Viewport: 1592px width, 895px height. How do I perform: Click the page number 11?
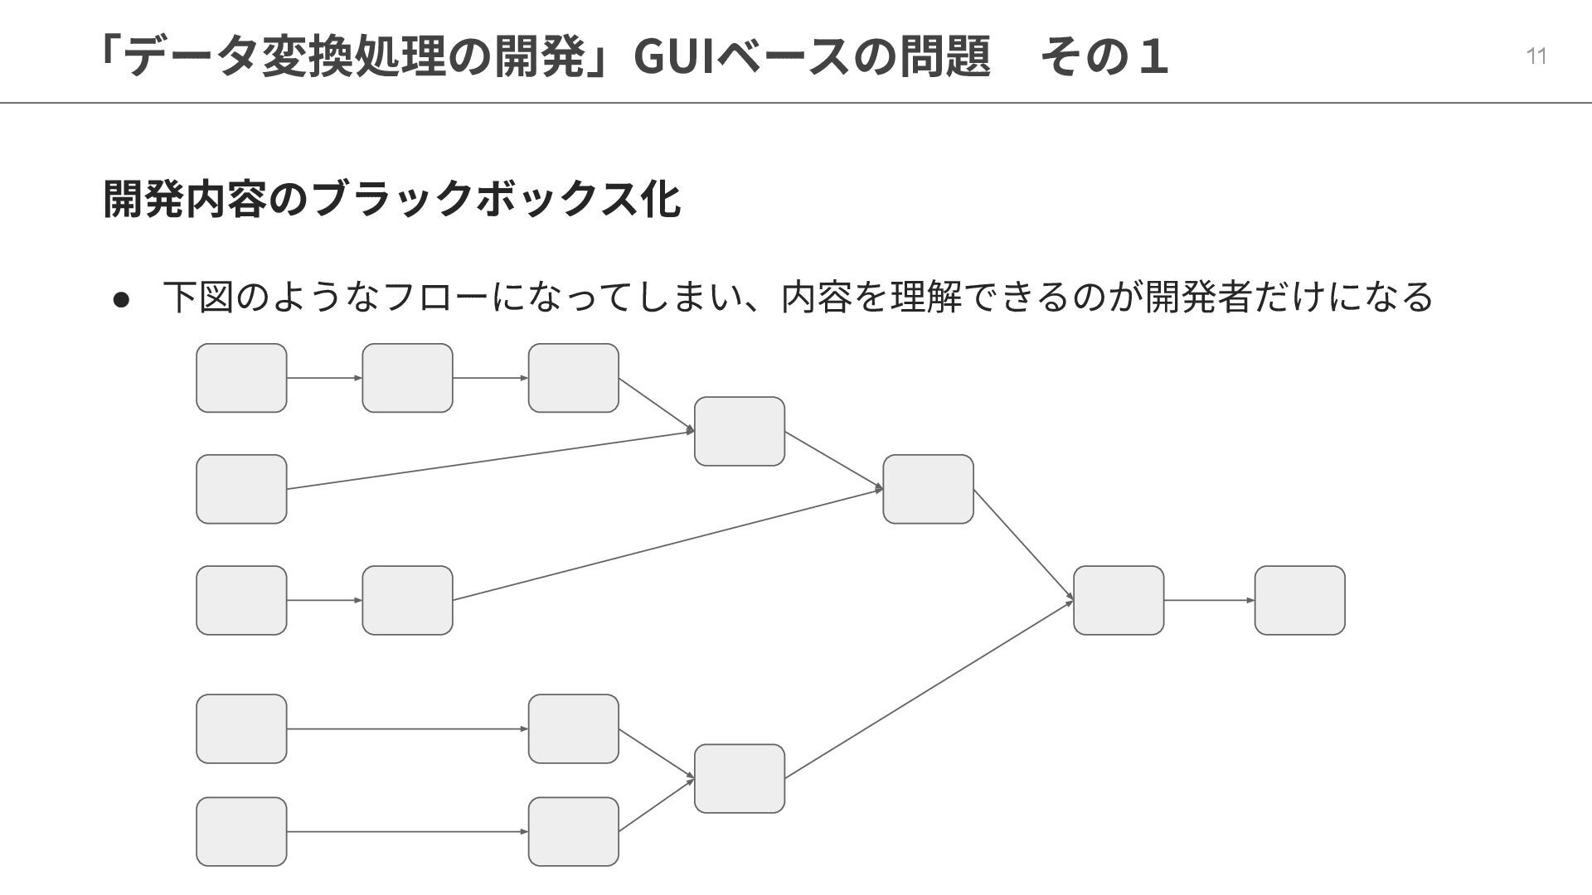[1536, 56]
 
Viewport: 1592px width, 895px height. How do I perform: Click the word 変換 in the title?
[307, 56]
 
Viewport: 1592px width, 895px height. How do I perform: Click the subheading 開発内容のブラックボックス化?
[392, 198]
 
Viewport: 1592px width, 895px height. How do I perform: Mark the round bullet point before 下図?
[122, 298]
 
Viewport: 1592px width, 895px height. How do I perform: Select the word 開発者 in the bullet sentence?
[1198, 297]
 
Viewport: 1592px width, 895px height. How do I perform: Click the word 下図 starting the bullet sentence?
[198, 297]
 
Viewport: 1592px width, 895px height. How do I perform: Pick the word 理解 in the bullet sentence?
[926, 297]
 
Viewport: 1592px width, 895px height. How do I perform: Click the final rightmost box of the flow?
[1299, 600]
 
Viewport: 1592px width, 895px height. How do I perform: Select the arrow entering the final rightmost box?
[1209, 600]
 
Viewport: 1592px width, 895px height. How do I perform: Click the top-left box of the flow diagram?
[241, 378]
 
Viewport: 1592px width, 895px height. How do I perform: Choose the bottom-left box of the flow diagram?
[241, 831]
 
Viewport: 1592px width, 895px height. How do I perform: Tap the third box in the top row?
[573, 378]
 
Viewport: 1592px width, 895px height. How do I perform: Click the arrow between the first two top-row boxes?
[324, 378]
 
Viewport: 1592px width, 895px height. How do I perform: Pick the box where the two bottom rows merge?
[739, 778]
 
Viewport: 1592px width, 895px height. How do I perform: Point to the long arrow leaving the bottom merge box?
[929, 689]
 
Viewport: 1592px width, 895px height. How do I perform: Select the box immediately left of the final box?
[1119, 600]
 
